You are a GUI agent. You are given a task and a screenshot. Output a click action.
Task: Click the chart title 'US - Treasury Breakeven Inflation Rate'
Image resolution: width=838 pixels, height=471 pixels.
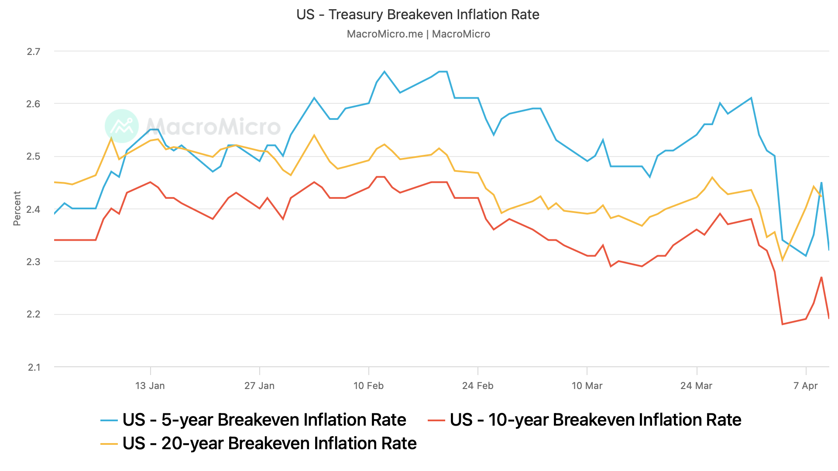click(418, 14)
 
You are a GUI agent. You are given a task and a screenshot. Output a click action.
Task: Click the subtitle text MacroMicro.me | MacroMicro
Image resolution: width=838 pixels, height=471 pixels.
click(418, 34)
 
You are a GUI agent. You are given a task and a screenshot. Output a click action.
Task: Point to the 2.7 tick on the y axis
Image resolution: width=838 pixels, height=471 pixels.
click(33, 51)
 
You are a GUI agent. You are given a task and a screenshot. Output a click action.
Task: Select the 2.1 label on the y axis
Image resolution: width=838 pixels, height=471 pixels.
click(34, 367)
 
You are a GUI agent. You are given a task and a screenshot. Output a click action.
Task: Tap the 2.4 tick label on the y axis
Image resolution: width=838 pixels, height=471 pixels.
click(33, 209)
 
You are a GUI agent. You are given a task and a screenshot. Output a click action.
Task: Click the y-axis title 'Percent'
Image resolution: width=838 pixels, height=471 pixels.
click(17, 208)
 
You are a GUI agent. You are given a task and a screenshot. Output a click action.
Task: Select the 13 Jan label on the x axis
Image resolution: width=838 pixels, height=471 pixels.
click(150, 386)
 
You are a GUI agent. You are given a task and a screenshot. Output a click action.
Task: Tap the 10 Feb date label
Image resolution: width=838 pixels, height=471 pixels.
click(368, 386)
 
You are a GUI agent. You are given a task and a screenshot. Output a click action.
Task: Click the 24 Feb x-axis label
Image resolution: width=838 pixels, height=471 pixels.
click(477, 386)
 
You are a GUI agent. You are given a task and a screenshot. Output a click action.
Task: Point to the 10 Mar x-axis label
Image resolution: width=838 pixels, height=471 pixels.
click(587, 386)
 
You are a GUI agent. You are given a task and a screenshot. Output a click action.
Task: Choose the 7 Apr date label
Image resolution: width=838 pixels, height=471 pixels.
click(805, 386)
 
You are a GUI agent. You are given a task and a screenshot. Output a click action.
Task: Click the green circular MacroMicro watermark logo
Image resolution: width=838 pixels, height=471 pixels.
click(122, 126)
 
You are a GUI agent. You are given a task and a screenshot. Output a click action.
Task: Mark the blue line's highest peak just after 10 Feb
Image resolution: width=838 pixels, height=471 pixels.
click(384, 72)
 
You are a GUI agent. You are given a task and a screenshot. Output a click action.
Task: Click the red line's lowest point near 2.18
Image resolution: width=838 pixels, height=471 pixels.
click(782, 324)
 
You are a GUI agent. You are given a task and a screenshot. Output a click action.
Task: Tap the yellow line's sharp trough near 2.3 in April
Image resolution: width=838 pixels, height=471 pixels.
click(782, 260)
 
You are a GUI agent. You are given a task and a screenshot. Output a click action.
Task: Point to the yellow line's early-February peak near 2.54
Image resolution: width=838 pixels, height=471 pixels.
click(314, 135)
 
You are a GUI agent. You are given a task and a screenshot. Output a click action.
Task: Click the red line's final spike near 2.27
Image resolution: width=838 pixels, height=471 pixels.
click(821, 277)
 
